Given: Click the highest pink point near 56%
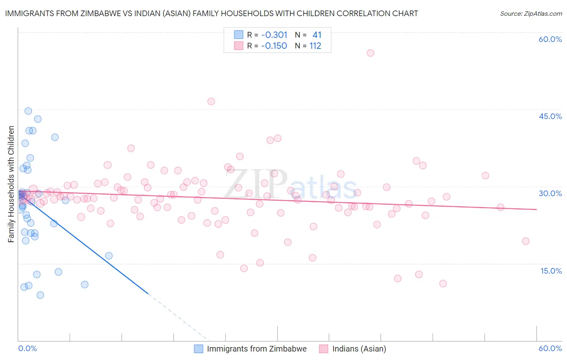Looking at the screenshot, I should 370,53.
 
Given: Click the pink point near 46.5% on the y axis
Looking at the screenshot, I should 211,101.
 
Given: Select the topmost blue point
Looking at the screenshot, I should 28,111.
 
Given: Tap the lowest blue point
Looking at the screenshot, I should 40,295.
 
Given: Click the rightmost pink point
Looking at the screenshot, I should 525,241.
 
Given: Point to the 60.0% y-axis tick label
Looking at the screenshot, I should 550,39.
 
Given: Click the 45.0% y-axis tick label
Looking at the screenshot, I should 550,116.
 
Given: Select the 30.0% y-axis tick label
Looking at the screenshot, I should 550,193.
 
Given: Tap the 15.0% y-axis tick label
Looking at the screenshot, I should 551,271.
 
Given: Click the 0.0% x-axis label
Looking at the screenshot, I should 27,348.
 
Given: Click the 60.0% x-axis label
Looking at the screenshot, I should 550,348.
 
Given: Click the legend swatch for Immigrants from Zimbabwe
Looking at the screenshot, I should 198,349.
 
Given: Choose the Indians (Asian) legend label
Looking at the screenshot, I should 359,349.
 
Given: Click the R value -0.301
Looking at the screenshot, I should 274,35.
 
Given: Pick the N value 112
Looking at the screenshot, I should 315,46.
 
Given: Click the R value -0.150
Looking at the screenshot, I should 274,46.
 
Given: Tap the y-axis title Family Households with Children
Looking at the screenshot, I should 11,184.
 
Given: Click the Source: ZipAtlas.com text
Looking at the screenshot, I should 531,13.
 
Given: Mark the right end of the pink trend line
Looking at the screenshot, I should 536,209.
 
